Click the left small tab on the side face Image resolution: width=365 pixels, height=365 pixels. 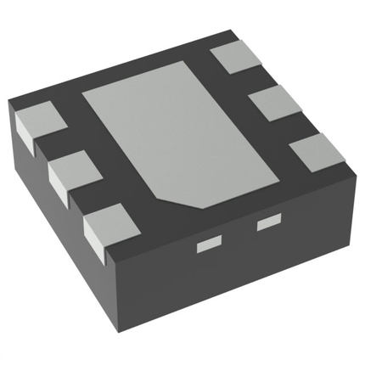208,246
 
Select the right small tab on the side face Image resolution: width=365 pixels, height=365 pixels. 269,222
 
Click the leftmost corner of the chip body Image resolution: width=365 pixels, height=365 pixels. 10,102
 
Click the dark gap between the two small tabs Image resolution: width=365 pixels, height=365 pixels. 239,235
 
